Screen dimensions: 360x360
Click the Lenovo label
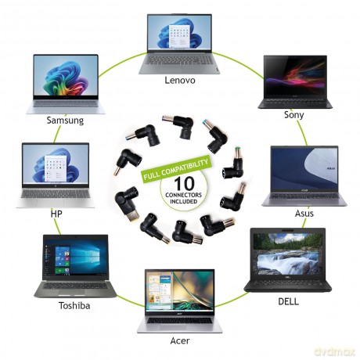(x=180, y=80)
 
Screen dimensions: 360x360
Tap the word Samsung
(x=65, y=121)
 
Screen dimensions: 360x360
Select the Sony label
(x=294, y=115)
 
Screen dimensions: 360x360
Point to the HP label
(x=56, y=214)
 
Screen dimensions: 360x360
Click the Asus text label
(x=304, y=214)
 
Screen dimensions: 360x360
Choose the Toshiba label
(x=74, y=305)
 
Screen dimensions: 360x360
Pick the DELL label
(x=288, y=301)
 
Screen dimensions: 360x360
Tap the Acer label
(x=180, y=340)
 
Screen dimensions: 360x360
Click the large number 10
(x=184, y=183)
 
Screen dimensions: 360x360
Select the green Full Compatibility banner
(x=175, y=169)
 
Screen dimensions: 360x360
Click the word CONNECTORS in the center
(x=183, y=195)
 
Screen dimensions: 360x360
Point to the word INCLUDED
(x=183, y=202)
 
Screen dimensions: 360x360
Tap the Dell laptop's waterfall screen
(x=288, y=254)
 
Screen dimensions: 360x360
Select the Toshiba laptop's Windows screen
(x=76, y=260)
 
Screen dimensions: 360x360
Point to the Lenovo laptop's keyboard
(x=179, y=60)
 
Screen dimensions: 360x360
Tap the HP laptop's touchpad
(x=55, y=203)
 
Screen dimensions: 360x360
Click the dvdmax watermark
(x=335, y=352)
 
